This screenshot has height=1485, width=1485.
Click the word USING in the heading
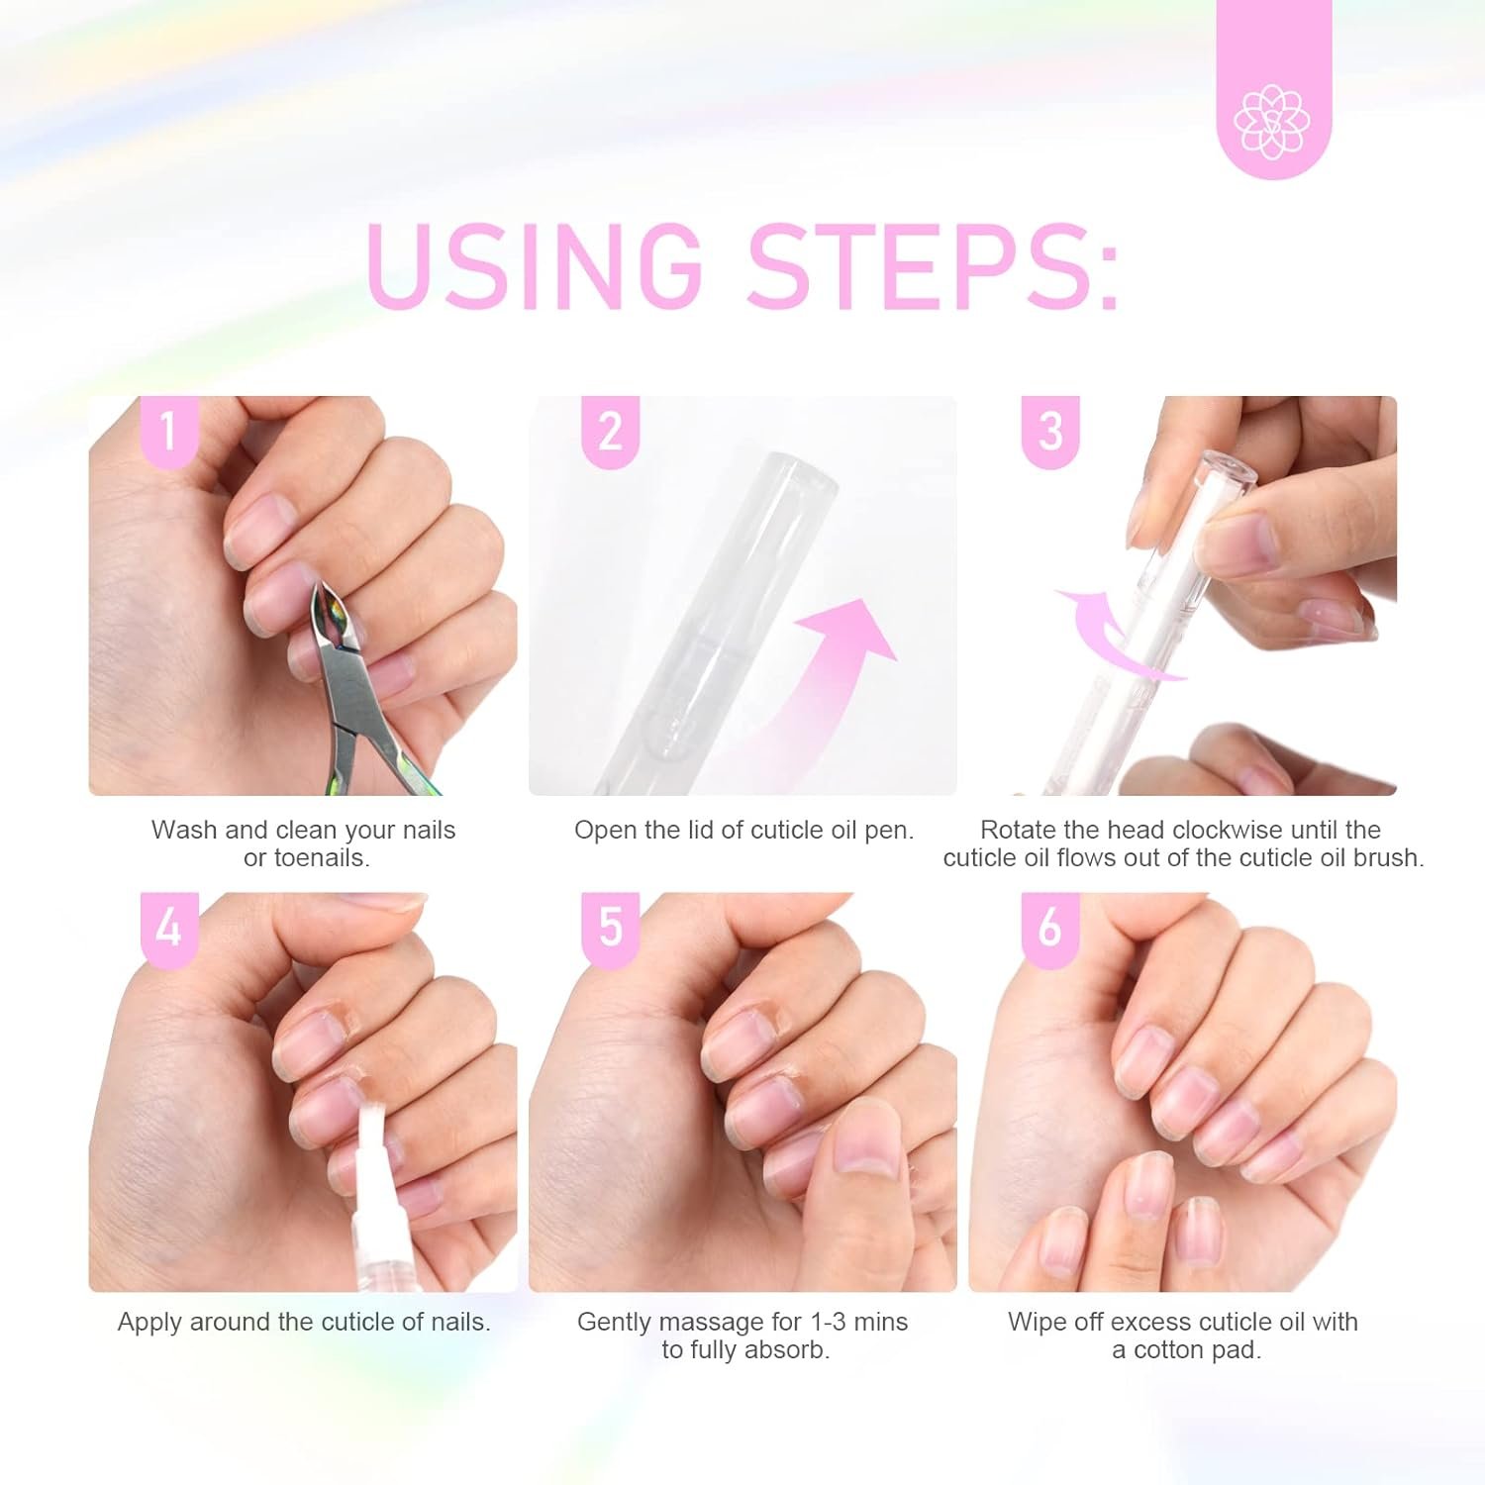pos(533,265)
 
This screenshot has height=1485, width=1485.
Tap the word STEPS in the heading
pos(934,265)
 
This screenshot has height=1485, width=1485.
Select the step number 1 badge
pos(169,431)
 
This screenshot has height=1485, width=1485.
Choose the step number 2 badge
pos(610,431)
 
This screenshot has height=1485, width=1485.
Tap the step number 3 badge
pos(1050,431)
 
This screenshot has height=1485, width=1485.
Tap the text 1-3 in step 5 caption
pos(829,1322)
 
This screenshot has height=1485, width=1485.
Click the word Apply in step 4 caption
pos(149,1322)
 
